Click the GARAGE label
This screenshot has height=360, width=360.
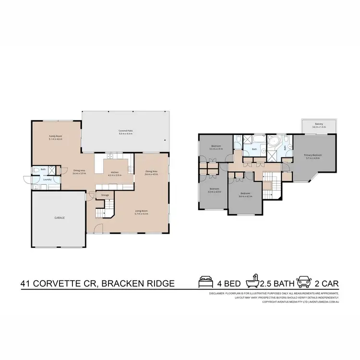60,217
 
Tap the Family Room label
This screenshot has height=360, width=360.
56,136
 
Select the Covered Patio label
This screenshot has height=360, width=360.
125,131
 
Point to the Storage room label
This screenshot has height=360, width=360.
105,195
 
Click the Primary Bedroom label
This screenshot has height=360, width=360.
312,155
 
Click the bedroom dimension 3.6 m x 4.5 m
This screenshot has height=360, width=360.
246,196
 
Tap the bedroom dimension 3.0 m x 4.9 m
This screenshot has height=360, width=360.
215,192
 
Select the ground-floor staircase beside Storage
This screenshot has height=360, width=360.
102,209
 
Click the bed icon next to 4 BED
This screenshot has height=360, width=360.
205,282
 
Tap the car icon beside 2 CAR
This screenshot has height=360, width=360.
303,282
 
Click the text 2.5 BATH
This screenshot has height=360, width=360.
276,283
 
